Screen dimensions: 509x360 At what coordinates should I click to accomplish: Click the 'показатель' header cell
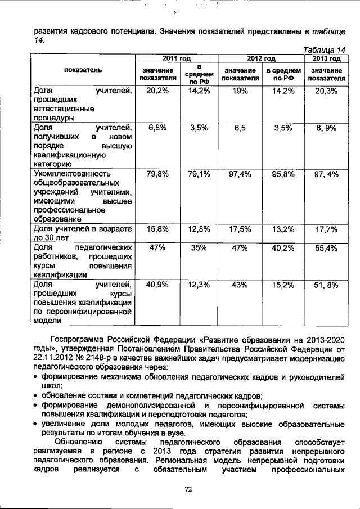tap(83, 71)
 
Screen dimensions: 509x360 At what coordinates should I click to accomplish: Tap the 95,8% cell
tap(283, 174)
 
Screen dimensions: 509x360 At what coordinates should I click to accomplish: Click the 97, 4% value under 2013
tap(326, 174)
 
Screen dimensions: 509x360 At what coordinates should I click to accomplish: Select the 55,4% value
tap(326, 247)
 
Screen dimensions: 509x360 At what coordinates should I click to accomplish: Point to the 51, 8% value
tap(326, 285)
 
